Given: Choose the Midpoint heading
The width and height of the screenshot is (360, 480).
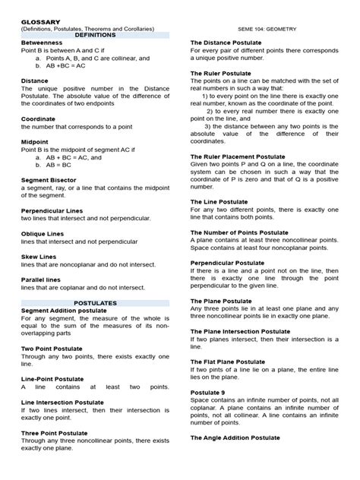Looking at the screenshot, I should [37, 142].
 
